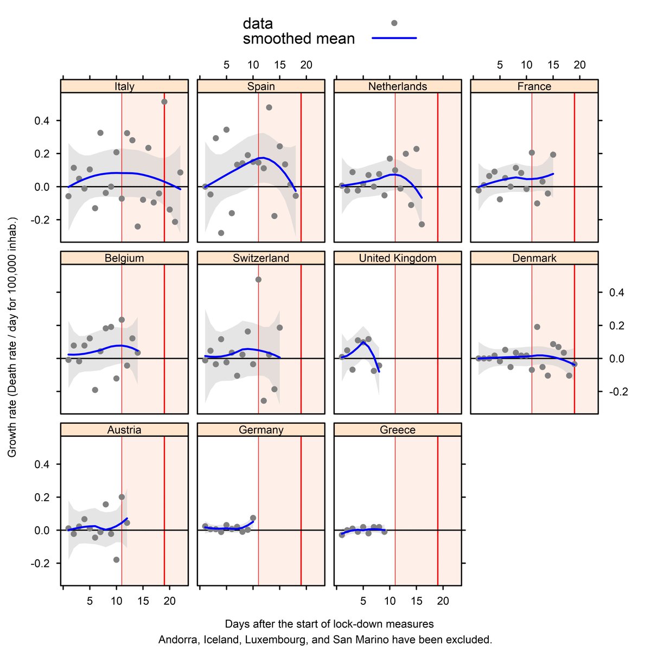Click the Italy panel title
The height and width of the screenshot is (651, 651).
tap(124, 86)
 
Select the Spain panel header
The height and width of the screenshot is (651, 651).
tap(261, 86)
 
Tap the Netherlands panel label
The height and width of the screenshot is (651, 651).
tap(398, 86)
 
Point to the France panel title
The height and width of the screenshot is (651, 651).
tap(534, 86)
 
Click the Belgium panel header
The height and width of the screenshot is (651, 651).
tap(124, 258)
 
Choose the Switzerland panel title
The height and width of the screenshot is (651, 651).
tap(261, 258)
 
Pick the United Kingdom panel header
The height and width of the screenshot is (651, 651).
tap(398, 258)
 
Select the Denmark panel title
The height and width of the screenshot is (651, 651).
tap(534, 258)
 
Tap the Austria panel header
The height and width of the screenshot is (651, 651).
tap(124, 430)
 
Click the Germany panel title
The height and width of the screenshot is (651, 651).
tap(261, 430)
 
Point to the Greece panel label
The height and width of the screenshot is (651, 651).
tap(398, 430)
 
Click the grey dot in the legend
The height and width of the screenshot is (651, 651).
tap(394, 23)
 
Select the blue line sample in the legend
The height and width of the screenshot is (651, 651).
tap(394, 39)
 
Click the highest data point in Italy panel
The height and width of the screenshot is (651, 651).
tap(164, 101)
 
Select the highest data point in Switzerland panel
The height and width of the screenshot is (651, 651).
tap(258, 279)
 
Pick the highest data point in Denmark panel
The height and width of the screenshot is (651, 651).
tap(537, 327)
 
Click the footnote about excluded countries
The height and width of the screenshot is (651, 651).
tap(325, 640)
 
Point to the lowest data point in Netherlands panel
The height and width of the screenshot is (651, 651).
tap(422, 224)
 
